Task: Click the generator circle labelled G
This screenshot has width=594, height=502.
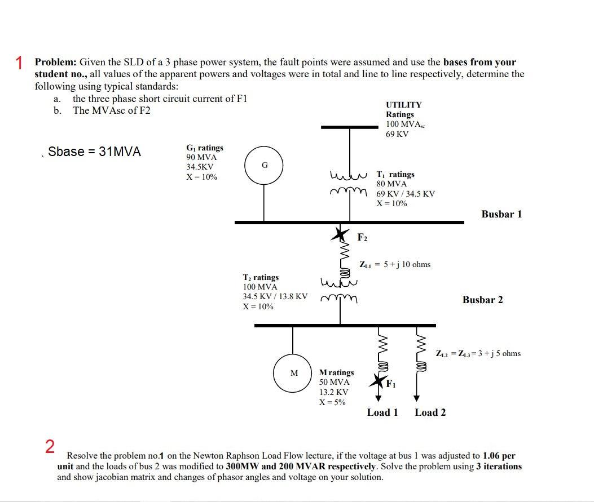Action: (x=264, y=165)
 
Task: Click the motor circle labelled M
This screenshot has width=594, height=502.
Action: (x=293, y=373)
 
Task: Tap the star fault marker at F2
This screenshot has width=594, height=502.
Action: (x=340, y=233)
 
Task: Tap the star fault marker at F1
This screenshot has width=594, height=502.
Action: (x=377, y=381)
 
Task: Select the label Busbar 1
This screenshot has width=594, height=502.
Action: (x=501, y=214)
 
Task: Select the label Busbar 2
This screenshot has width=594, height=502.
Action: (x=482, y=300)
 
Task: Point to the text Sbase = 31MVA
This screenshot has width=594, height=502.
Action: (x=94, y=152)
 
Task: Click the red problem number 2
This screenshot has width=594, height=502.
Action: (x=50, y=447)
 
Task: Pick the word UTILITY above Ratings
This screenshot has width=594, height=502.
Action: (x=403, y=105)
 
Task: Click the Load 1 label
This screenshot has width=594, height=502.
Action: (x=382, y=412)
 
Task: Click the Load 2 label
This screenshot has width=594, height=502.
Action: (x=430, y=412)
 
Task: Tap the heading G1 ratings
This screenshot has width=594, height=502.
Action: (x=204, y=148)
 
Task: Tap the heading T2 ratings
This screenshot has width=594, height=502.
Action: (x=261, y=277)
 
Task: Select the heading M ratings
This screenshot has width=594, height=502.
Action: (x=336, y=372)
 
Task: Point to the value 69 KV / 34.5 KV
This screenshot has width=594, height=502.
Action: (x=406, y=194)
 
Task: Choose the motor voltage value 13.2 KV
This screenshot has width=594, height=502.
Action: (x=333, y=392)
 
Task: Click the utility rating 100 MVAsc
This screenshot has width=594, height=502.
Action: (x=406, y=124)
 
